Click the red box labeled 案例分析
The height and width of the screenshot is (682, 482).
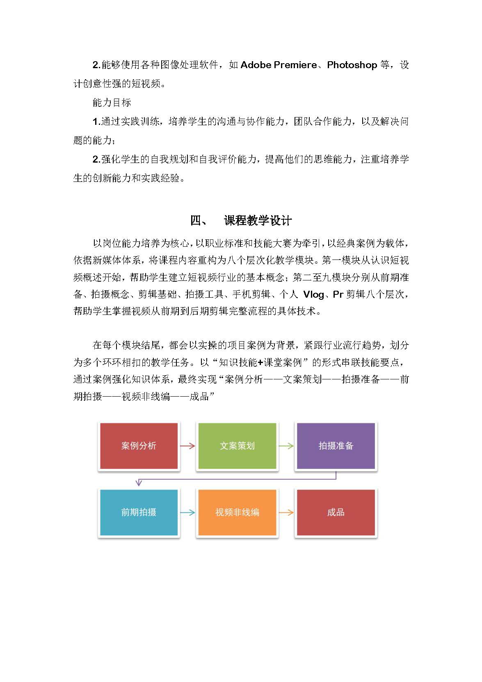pyautogui.click(x=139, y=446)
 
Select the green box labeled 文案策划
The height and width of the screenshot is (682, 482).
pyautogui.click(x=237, y=446)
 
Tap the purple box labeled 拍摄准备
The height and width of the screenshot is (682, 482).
pyautogui.click(x=336, y=446)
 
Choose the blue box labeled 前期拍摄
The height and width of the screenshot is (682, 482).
pyautogui.click(x=139, y=512)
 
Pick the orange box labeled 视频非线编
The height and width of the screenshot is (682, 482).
pyautogui.click(x=237, y=512)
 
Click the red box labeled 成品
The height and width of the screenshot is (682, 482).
pyautogui.click(x=336, y=512)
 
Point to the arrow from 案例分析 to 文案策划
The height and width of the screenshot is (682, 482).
pyautogui.click(x=188, y=446)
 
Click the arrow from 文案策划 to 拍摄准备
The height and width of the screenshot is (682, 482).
pyautogui.click(x=286, y=446)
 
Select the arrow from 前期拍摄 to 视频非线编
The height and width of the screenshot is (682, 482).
pyautogui.click(x=188, y=512)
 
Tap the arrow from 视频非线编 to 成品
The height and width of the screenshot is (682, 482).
pyautogui.click(x=286, y=512)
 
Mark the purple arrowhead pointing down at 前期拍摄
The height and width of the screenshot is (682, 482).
pyautogui.click(x=139, y=483)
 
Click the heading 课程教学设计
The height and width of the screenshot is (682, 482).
pyautogui.click(x=258, y=221)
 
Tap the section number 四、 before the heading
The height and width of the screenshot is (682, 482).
pyautogui.click(x=199, y=221)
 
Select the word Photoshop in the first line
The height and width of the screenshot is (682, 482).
pyautogui.click(x=352, y=65)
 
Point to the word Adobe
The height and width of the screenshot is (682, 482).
pyautogui.click(x=256, y=65)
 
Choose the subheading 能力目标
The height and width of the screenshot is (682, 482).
pyautogui.click(x=112, y=103)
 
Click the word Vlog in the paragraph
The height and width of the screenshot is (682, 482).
pyautogui.click(x=313, y=295)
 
